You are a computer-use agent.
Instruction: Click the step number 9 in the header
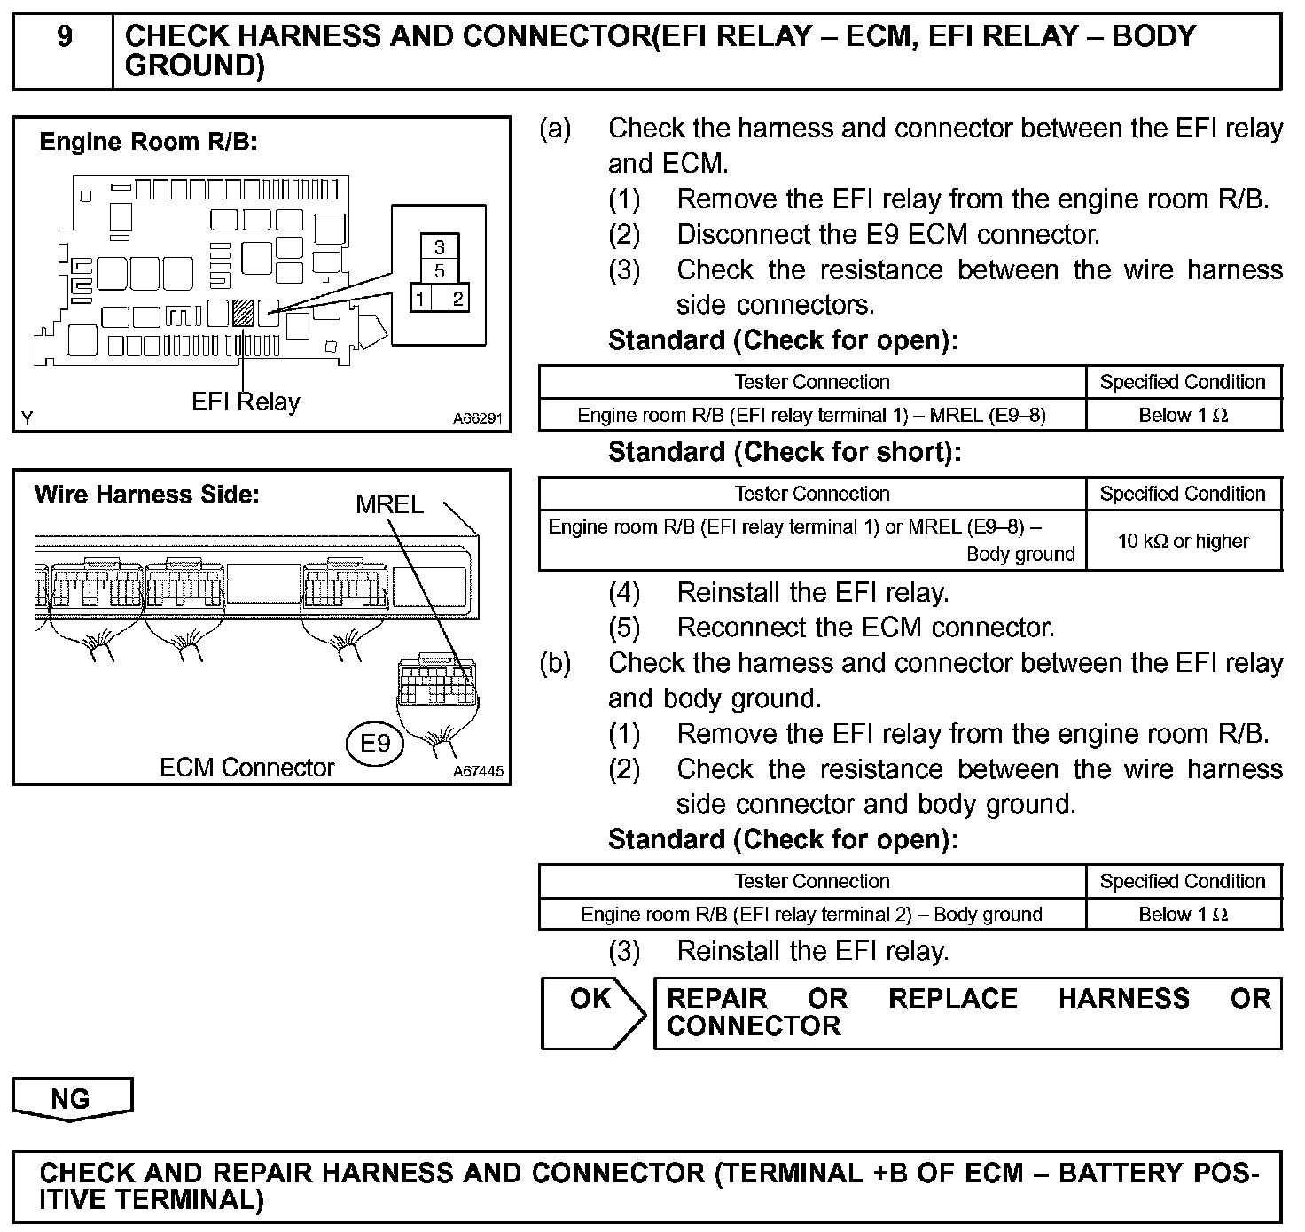tap(64, 38)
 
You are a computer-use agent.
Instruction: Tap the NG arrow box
tap(71, 1099)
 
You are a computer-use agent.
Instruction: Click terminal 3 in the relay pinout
tap(440, 247)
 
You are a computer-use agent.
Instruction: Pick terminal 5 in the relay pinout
tap(440, 271)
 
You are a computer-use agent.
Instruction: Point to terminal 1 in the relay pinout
tap(421, 299)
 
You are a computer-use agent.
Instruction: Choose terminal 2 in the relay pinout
tap(457, 299)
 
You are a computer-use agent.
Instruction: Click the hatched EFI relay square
tap(242, 312)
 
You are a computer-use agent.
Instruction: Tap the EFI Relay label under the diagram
tap(246, 402)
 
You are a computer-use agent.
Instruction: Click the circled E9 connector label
tap(375, 743)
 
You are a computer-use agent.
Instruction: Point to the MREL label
tap(389, 504)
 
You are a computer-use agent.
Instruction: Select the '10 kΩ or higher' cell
tap(1183, 541)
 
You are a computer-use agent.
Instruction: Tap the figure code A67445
tap(478, 772)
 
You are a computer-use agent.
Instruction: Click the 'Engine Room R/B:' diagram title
tap(148, 142)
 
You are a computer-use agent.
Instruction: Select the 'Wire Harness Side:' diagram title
tap(146, 495)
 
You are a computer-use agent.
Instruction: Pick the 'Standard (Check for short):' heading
tap(784, 453)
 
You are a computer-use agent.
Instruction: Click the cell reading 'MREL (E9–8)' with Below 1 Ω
tap(811, 415)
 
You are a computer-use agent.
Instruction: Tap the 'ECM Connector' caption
tap(246, 768)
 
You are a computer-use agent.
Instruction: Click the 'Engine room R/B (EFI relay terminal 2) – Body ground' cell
tap(811, 914)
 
